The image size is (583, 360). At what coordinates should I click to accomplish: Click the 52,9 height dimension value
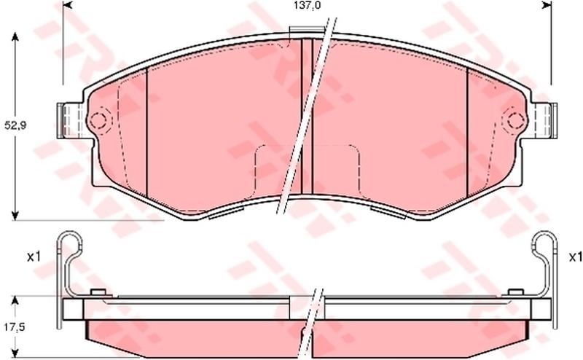(x=15, y=125)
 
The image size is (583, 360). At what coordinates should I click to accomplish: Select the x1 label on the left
(x=34, y=257)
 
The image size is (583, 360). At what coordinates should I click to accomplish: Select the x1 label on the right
(x=576, y=257)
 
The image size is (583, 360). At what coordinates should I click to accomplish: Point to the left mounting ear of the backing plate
(x=71, y=120)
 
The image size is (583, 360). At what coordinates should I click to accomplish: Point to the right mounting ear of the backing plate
(x=544, y=120)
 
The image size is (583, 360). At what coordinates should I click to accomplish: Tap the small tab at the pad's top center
(x=307, y=31)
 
